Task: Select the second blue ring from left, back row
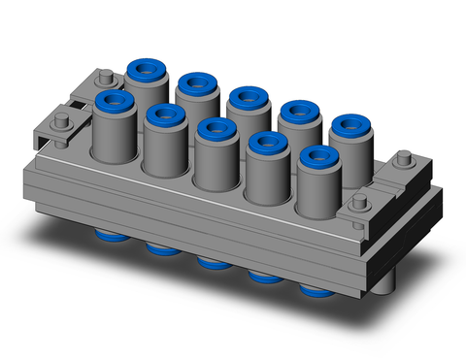pos(195,82)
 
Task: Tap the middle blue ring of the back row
pos(246,97)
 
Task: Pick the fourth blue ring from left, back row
pos(296,111)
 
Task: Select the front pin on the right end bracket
pos(360,203)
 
